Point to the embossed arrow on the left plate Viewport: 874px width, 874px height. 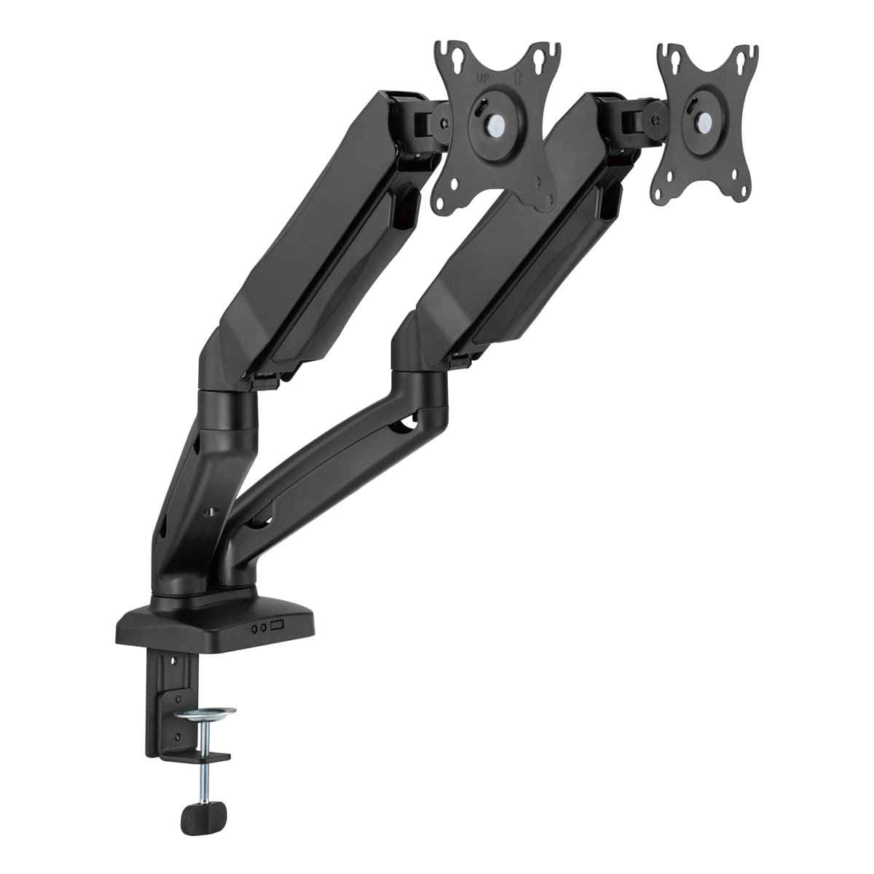(519, 77)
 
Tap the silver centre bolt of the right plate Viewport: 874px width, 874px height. (705, 119)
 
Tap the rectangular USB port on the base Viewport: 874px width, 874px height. (276, 626)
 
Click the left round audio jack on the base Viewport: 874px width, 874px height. (254, 628)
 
